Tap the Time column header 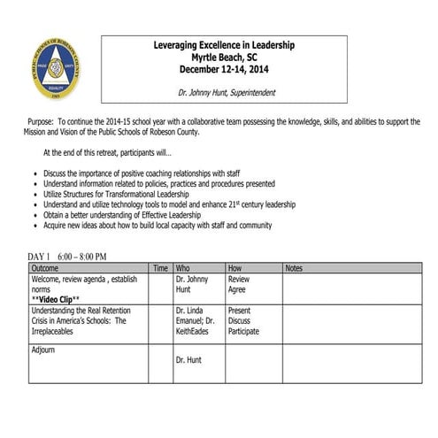160,267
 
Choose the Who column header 183,267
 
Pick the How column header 234,267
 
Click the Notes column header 295,267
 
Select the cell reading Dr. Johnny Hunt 193,283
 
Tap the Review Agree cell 239,283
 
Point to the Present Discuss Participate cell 242,321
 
